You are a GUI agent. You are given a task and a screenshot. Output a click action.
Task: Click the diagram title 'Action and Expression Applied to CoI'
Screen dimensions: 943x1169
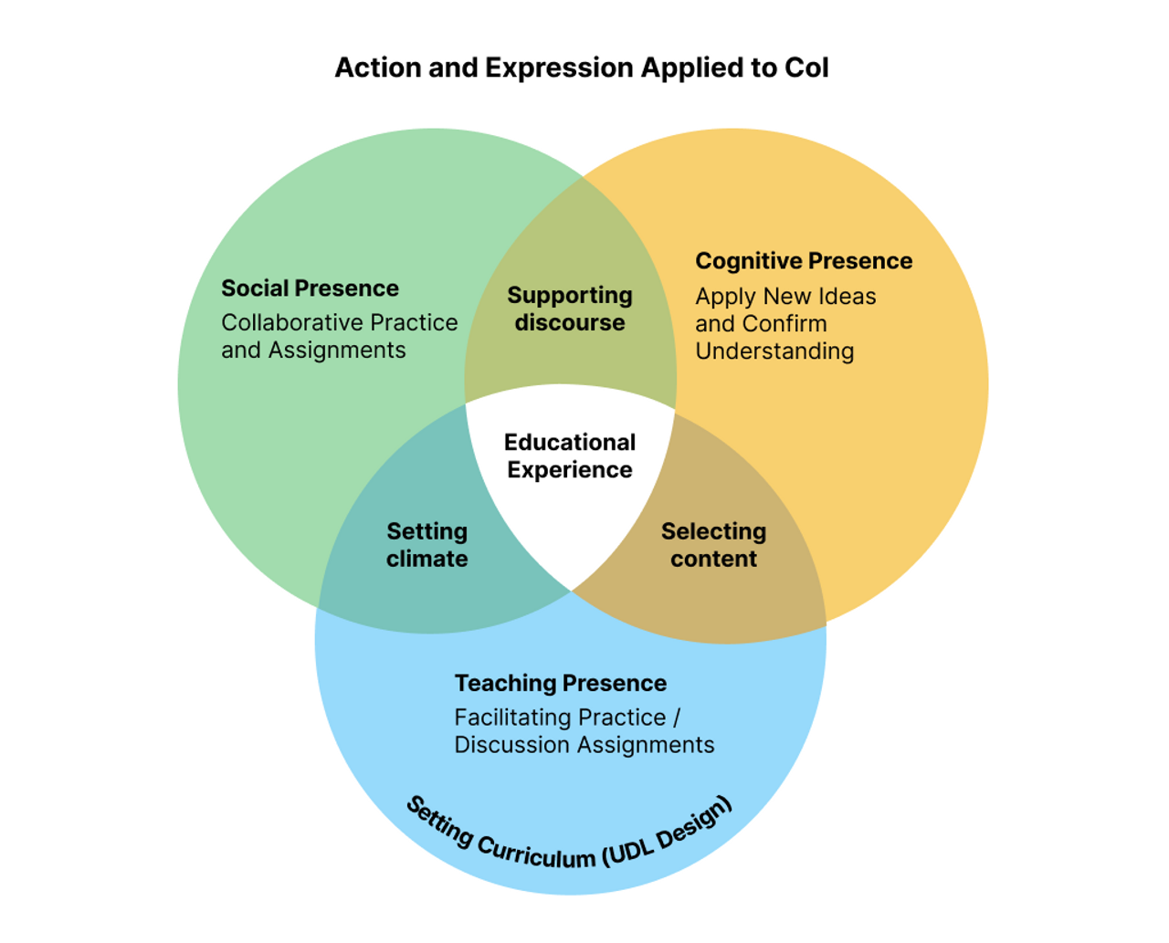(582, 68)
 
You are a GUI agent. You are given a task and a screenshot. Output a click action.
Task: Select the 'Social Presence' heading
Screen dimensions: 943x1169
(310, 288)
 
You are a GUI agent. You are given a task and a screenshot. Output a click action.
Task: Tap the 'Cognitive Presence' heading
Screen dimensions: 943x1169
(804, 261)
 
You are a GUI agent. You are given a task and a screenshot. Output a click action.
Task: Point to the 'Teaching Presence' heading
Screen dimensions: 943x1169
(560, 684)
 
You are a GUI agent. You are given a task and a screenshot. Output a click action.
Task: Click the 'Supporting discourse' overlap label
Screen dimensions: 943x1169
(570, 309)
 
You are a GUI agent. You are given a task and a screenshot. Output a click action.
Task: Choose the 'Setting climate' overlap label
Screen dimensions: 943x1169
(427, 545)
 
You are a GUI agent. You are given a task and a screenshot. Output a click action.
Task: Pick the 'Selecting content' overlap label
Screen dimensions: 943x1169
(713, 545)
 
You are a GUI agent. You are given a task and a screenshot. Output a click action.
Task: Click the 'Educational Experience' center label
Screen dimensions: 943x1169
(570, 456)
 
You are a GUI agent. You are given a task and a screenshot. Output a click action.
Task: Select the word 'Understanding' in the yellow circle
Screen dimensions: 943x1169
(774, 351)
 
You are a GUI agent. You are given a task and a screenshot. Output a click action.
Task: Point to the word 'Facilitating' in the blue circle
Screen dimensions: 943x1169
(508, 718)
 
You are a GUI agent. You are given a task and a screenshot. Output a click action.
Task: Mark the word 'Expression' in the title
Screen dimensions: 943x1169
(559, 68)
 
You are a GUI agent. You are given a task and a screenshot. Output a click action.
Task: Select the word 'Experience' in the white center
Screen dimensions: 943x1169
(570, 470)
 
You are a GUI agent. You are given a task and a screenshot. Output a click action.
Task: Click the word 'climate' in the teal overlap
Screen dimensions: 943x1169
(427, 559)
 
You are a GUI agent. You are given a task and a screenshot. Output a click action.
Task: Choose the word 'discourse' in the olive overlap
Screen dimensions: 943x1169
(570, 323)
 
